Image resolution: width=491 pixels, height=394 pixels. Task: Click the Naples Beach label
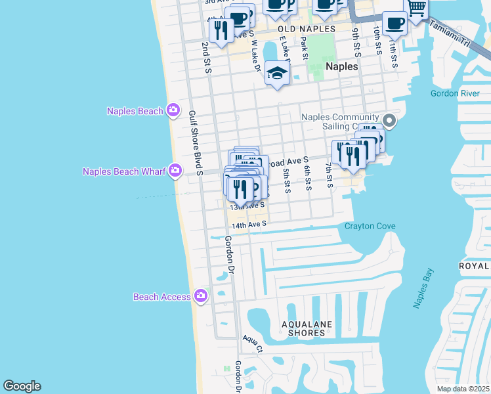point(135,111)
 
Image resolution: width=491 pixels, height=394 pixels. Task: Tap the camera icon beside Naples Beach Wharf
point(175,171)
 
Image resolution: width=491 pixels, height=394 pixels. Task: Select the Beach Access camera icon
point(200,297)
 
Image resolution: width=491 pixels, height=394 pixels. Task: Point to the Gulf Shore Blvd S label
point(195,138)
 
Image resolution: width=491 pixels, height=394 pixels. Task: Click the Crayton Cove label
point(370,227)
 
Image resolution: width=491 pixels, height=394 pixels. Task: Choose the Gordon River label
point(455,93)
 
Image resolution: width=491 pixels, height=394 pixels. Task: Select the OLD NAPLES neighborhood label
point(307,30)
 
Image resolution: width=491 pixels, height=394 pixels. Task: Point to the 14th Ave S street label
point(248,224)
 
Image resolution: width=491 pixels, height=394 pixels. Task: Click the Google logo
point(22,386)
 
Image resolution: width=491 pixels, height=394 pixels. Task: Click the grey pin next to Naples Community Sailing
point(389,120)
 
